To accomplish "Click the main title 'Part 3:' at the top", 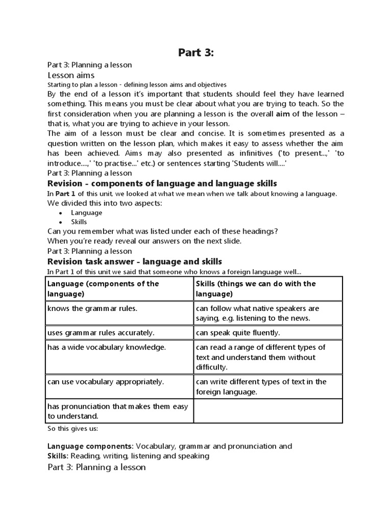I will coord(196,53).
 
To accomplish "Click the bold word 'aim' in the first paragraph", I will coord(284,114).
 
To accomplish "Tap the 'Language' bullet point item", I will coord(86,213).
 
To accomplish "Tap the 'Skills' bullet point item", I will coord(79,222).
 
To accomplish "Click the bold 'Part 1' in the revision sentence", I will coord(65,194).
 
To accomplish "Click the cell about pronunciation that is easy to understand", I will coord(117,411).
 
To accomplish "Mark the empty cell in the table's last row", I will coord(267,411).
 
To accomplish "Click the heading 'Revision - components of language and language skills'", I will coord(162,184).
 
